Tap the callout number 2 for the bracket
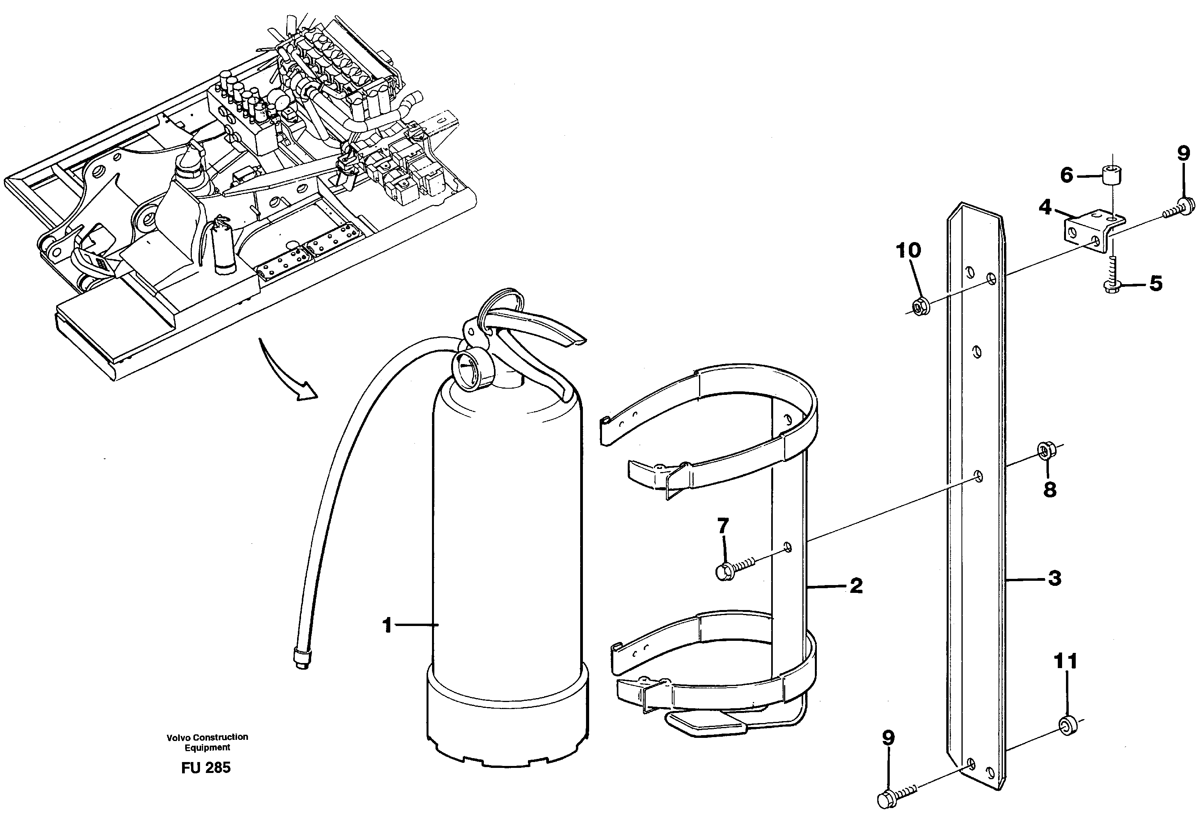[x=856, y=586]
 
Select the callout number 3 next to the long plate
[x=1055, y=578]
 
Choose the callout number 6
[x=1067, y=175]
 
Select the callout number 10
[x=908, y=250]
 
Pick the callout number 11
[x=1066, y=661]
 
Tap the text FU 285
[x=206, y=767]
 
